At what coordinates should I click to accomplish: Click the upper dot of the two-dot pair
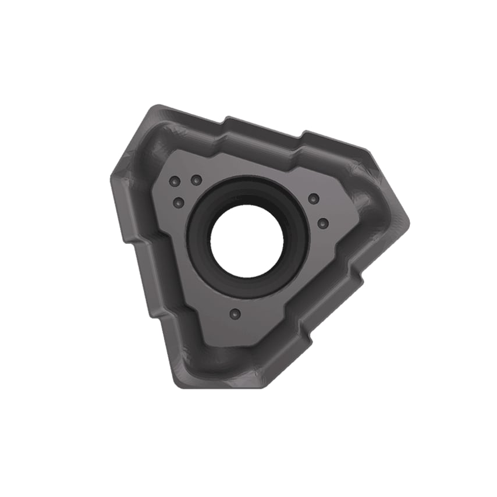point(314,199)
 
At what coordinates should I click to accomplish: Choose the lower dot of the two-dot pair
point(324,223)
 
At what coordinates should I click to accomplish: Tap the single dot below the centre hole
point(235,314)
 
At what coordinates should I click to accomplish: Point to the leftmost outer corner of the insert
point(111,176)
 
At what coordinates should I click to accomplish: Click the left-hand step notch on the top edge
point(226,120)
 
